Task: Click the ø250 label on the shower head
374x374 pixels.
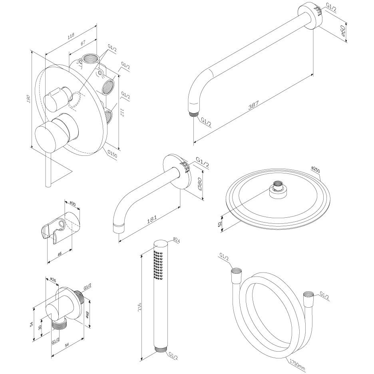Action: [316, 170]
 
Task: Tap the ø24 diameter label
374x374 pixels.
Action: [177, 241]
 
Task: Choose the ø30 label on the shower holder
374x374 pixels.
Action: [72, 204]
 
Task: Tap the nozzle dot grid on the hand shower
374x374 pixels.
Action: [156, 264]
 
